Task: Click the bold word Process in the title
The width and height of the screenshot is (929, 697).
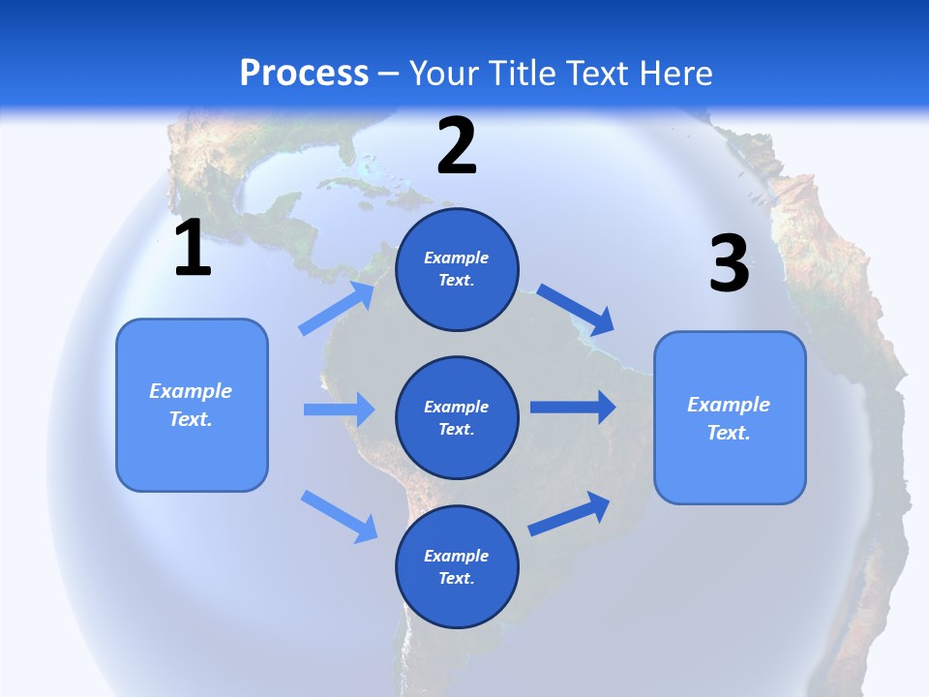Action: click(304, 74)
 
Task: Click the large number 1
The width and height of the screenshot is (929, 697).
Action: click(193, 249)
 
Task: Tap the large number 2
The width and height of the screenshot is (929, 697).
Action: click(457, 146)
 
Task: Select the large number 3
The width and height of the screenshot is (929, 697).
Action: click(729, 264)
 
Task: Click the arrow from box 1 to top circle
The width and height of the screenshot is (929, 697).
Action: click(337, 309)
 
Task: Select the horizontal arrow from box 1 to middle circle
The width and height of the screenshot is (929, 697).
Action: click(339, 409)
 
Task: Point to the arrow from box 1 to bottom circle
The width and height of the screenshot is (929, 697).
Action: click(339, 515)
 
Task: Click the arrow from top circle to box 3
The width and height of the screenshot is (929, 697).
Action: click(576, 309)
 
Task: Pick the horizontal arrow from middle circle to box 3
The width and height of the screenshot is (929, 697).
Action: click(573, 407)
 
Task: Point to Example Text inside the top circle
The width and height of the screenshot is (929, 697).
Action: click(457, 269)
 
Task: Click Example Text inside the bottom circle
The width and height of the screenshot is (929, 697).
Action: click(457, 567)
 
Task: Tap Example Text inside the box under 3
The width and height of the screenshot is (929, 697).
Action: click(729, 418)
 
